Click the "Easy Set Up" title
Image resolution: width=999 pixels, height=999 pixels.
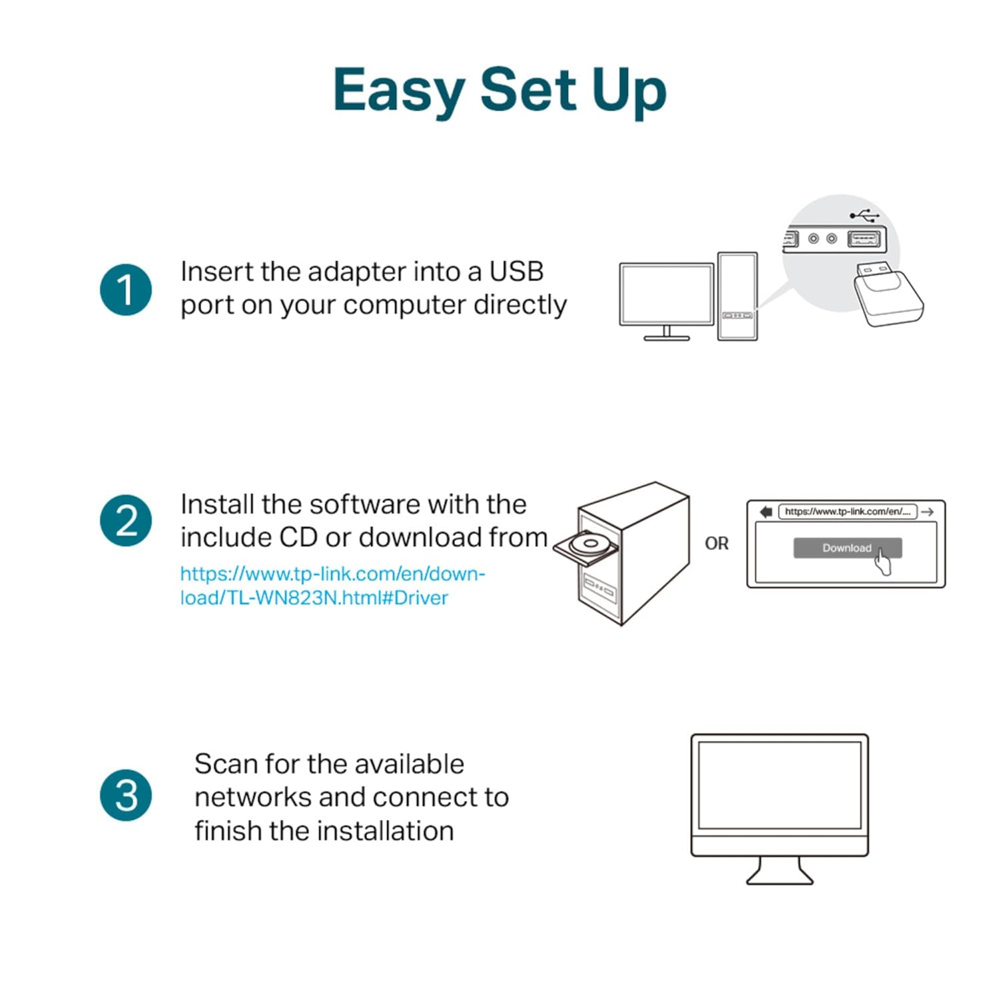[499, 90]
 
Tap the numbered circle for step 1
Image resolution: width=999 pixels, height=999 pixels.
[126, 290]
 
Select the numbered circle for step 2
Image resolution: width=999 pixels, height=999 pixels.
[126, 521]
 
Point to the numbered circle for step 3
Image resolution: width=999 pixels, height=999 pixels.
[126, 795]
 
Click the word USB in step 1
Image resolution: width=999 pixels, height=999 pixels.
[516, 272]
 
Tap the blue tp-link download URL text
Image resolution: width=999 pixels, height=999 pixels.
[332, 585]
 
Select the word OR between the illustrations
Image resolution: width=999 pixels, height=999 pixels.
[717, 543]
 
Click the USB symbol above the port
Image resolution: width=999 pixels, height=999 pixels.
[864, 215]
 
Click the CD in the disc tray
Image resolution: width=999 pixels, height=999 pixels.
[589, 543]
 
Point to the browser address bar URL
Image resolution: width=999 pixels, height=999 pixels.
[847, 511]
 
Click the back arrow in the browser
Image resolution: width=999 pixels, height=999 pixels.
[766, 511]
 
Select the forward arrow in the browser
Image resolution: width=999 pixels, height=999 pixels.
[928, 511]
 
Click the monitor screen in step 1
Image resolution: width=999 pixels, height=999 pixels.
[666, 294]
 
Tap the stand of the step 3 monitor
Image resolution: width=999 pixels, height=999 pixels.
[780, 871]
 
